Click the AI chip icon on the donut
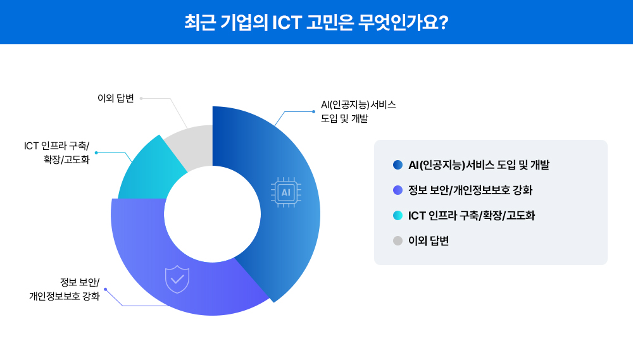(285, 192)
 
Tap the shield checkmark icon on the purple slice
(177, 279)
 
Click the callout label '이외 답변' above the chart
(116, 98)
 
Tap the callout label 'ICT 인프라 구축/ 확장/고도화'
(57, 152)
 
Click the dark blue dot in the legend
(398, 165)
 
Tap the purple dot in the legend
(398, 190)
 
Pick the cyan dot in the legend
(398, 215)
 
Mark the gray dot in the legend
(398, 240)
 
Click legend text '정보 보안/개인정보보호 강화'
(475, 190)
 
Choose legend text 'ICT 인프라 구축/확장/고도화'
(472, 215)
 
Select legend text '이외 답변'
(429, 240)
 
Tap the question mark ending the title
(443, 22)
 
